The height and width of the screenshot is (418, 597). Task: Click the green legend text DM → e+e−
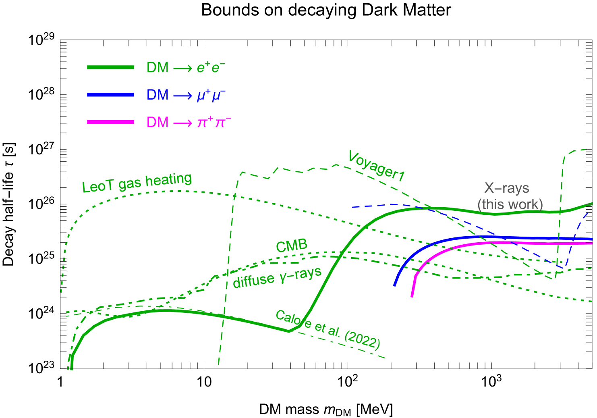click(x=186, y=67)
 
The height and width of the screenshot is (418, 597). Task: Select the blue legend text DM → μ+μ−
click(x=187, y=95)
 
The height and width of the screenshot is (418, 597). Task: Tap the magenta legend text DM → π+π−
click(x=189, y=122)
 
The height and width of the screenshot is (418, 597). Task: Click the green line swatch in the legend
click(x=111, y=67)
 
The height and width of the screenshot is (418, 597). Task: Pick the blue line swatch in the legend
click(x=111, y=95)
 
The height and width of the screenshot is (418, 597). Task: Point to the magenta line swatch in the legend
click(x=111, y=122)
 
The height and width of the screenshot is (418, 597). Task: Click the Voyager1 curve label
click(x=376, y=166)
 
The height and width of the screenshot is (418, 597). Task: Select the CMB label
click(x=292, y=246)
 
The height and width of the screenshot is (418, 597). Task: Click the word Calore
click(x=293, y=320)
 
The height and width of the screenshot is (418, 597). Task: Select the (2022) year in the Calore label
click(x=362, y=340)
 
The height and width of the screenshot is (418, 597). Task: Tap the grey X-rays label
click(x=506, y=188)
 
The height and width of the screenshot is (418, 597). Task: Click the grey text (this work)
click(x=510, y=204)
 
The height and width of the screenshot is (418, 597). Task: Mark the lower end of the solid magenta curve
click(x=412, y=297)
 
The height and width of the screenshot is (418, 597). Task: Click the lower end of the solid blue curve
click(x=395, y=285)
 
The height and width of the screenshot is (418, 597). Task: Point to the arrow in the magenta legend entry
click(x=182, y=123)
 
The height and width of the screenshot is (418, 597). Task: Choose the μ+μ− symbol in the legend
click(x=211, y=95)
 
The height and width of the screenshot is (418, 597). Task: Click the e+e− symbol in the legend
click(x=211, y=67)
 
